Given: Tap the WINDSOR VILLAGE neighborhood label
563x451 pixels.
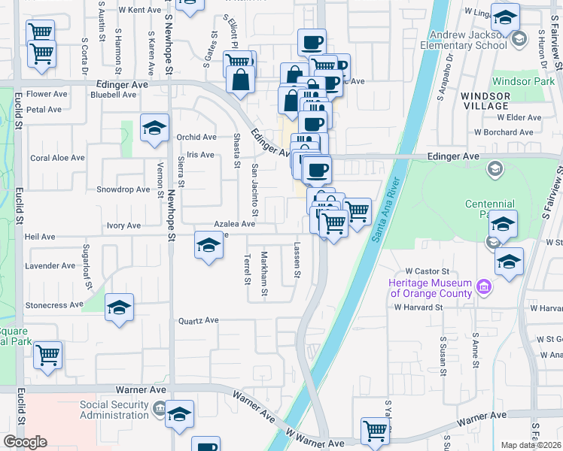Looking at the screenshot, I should pos(485,101).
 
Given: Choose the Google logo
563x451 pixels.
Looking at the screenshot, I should pos(25,442).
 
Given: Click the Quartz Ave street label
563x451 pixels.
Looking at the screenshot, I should pos(198,320).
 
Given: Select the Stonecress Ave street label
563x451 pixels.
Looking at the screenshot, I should pos(54,305).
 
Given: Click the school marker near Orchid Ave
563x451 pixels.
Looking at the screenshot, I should pos(154,129).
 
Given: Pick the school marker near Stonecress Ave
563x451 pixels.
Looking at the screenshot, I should pos(119,308).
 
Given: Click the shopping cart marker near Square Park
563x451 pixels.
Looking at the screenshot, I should pos(47,355).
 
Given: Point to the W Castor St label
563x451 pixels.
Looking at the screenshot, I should pos(427,271).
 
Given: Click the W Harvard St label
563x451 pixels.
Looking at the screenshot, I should pos(418,307).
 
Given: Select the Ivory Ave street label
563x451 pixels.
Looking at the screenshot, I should pos(123,225).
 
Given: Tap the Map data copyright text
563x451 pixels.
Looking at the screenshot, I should pos(531,445).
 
